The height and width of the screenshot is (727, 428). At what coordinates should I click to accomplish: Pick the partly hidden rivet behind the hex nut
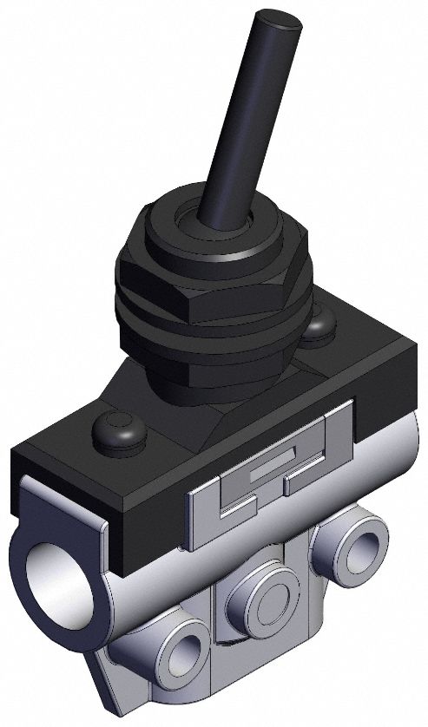click(319, 323)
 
